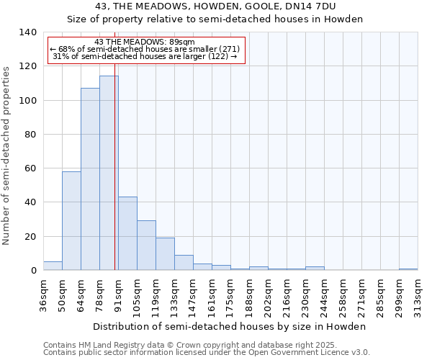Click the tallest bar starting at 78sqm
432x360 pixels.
[109, 173]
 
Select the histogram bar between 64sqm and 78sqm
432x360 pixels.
[90, 179]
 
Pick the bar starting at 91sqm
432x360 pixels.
[127, 234]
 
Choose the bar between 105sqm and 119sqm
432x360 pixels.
[146, 246]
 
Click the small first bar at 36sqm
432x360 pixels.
[53, 266]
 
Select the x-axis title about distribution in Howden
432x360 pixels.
[230, 326]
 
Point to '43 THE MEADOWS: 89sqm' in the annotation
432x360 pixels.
[145, 42]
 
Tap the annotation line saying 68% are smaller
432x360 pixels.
[145, 49]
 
